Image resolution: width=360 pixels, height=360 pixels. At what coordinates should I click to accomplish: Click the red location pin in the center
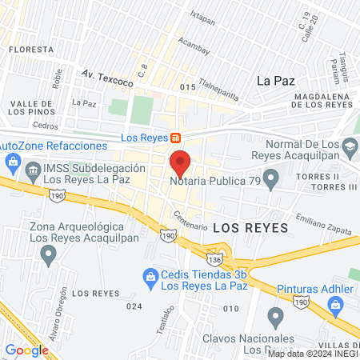coord(180,162)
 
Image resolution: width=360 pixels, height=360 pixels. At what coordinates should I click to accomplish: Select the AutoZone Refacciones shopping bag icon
coord(12,162)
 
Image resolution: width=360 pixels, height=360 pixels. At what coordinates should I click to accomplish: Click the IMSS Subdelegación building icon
coord(33,170)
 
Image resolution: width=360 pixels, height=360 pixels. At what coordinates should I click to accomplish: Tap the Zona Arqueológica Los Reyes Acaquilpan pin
coord(50,255)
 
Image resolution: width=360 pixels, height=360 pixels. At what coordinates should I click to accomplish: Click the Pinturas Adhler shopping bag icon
coord(334,304)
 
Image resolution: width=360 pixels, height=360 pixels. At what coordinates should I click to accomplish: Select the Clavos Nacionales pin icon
coord(276,318)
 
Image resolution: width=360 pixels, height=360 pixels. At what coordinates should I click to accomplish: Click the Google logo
coord(26,350)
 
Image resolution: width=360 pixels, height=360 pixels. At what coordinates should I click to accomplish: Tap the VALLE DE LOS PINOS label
coord(31,107)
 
